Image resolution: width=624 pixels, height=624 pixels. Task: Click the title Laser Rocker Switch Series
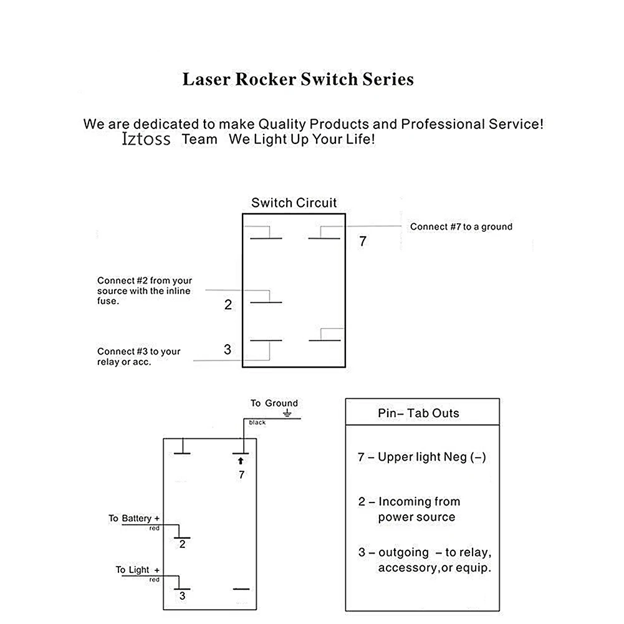coord(298,80)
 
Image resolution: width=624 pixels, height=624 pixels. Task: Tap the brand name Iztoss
coord(146,139)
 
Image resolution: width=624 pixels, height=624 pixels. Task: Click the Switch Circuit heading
coord(294,203)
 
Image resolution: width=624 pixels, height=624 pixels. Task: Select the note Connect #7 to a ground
coord(461,227)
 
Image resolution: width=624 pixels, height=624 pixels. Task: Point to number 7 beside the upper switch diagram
coord(363,242)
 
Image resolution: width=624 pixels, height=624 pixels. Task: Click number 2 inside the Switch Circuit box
coord(228,305)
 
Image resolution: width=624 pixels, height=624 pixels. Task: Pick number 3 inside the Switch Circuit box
coord(228,350)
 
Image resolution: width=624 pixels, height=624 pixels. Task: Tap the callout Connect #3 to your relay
coord(138,357)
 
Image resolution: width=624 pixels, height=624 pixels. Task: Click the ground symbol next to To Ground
coord(287,414)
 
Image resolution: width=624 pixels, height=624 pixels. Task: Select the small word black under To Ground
coord(257,423)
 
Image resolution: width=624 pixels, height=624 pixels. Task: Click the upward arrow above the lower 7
coord(241,461)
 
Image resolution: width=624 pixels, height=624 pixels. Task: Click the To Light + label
coord(137,570)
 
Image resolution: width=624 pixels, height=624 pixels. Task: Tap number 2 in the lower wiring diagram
coord(182,544)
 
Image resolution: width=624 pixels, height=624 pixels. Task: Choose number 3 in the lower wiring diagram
coord(182,596)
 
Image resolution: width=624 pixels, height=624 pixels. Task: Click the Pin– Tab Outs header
coord(418,413)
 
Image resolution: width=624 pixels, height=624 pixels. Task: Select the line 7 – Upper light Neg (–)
coord(421,457)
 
